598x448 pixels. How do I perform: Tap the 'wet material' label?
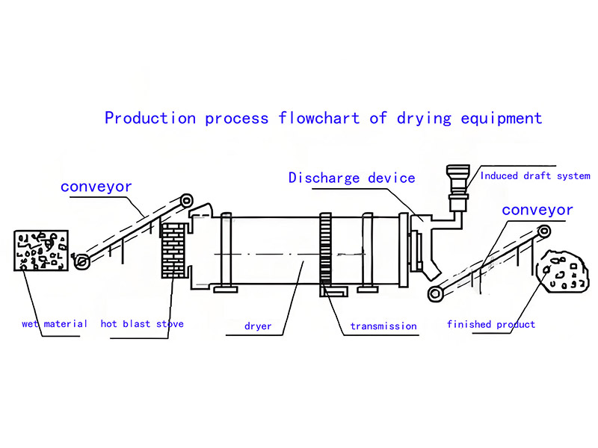pyautogui.click(x=55, y=324)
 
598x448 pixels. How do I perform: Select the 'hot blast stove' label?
pyautogui.click(x=142, y=324)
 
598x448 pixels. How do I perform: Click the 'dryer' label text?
pyautogui.click(x=258, y=326)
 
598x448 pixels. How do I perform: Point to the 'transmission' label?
pyautogui.click(x=383, y=326)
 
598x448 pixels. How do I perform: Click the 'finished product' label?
pyautogui.click(x=491, y=324)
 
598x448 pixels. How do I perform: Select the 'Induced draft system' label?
pyautogui.click(x=535, y=176)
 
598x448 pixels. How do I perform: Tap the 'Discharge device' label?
pyautogui.click(x=351, y=178)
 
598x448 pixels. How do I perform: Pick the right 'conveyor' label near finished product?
pyautogui.click(x=537, y=210)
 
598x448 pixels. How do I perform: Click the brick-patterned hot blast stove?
pyautogui.click(x=173, y=250)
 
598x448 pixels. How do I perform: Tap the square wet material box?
pyautogui.click(x=41, y=250)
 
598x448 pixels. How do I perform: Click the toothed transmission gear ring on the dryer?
pyautogui.click(x=325, y=249)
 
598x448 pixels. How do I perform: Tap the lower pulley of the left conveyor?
pyautogui.click(x=81, y=261)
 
